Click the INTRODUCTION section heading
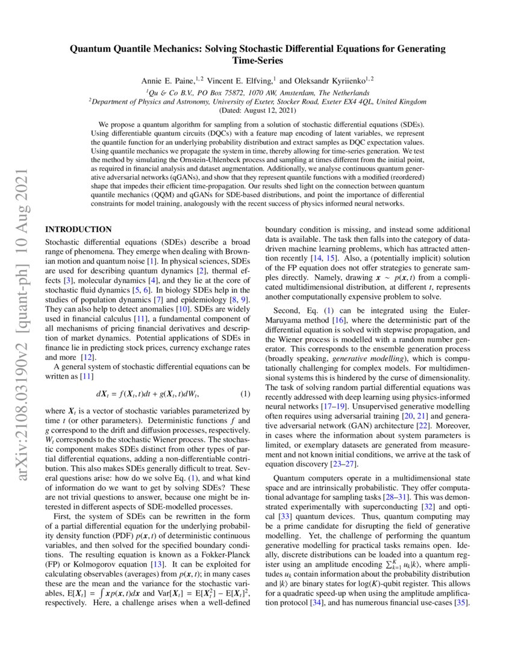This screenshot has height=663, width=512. coord(79,229)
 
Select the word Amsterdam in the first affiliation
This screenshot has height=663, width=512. coord(292,93)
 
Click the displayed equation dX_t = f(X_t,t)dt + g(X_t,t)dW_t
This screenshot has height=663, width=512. coord(148,395)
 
